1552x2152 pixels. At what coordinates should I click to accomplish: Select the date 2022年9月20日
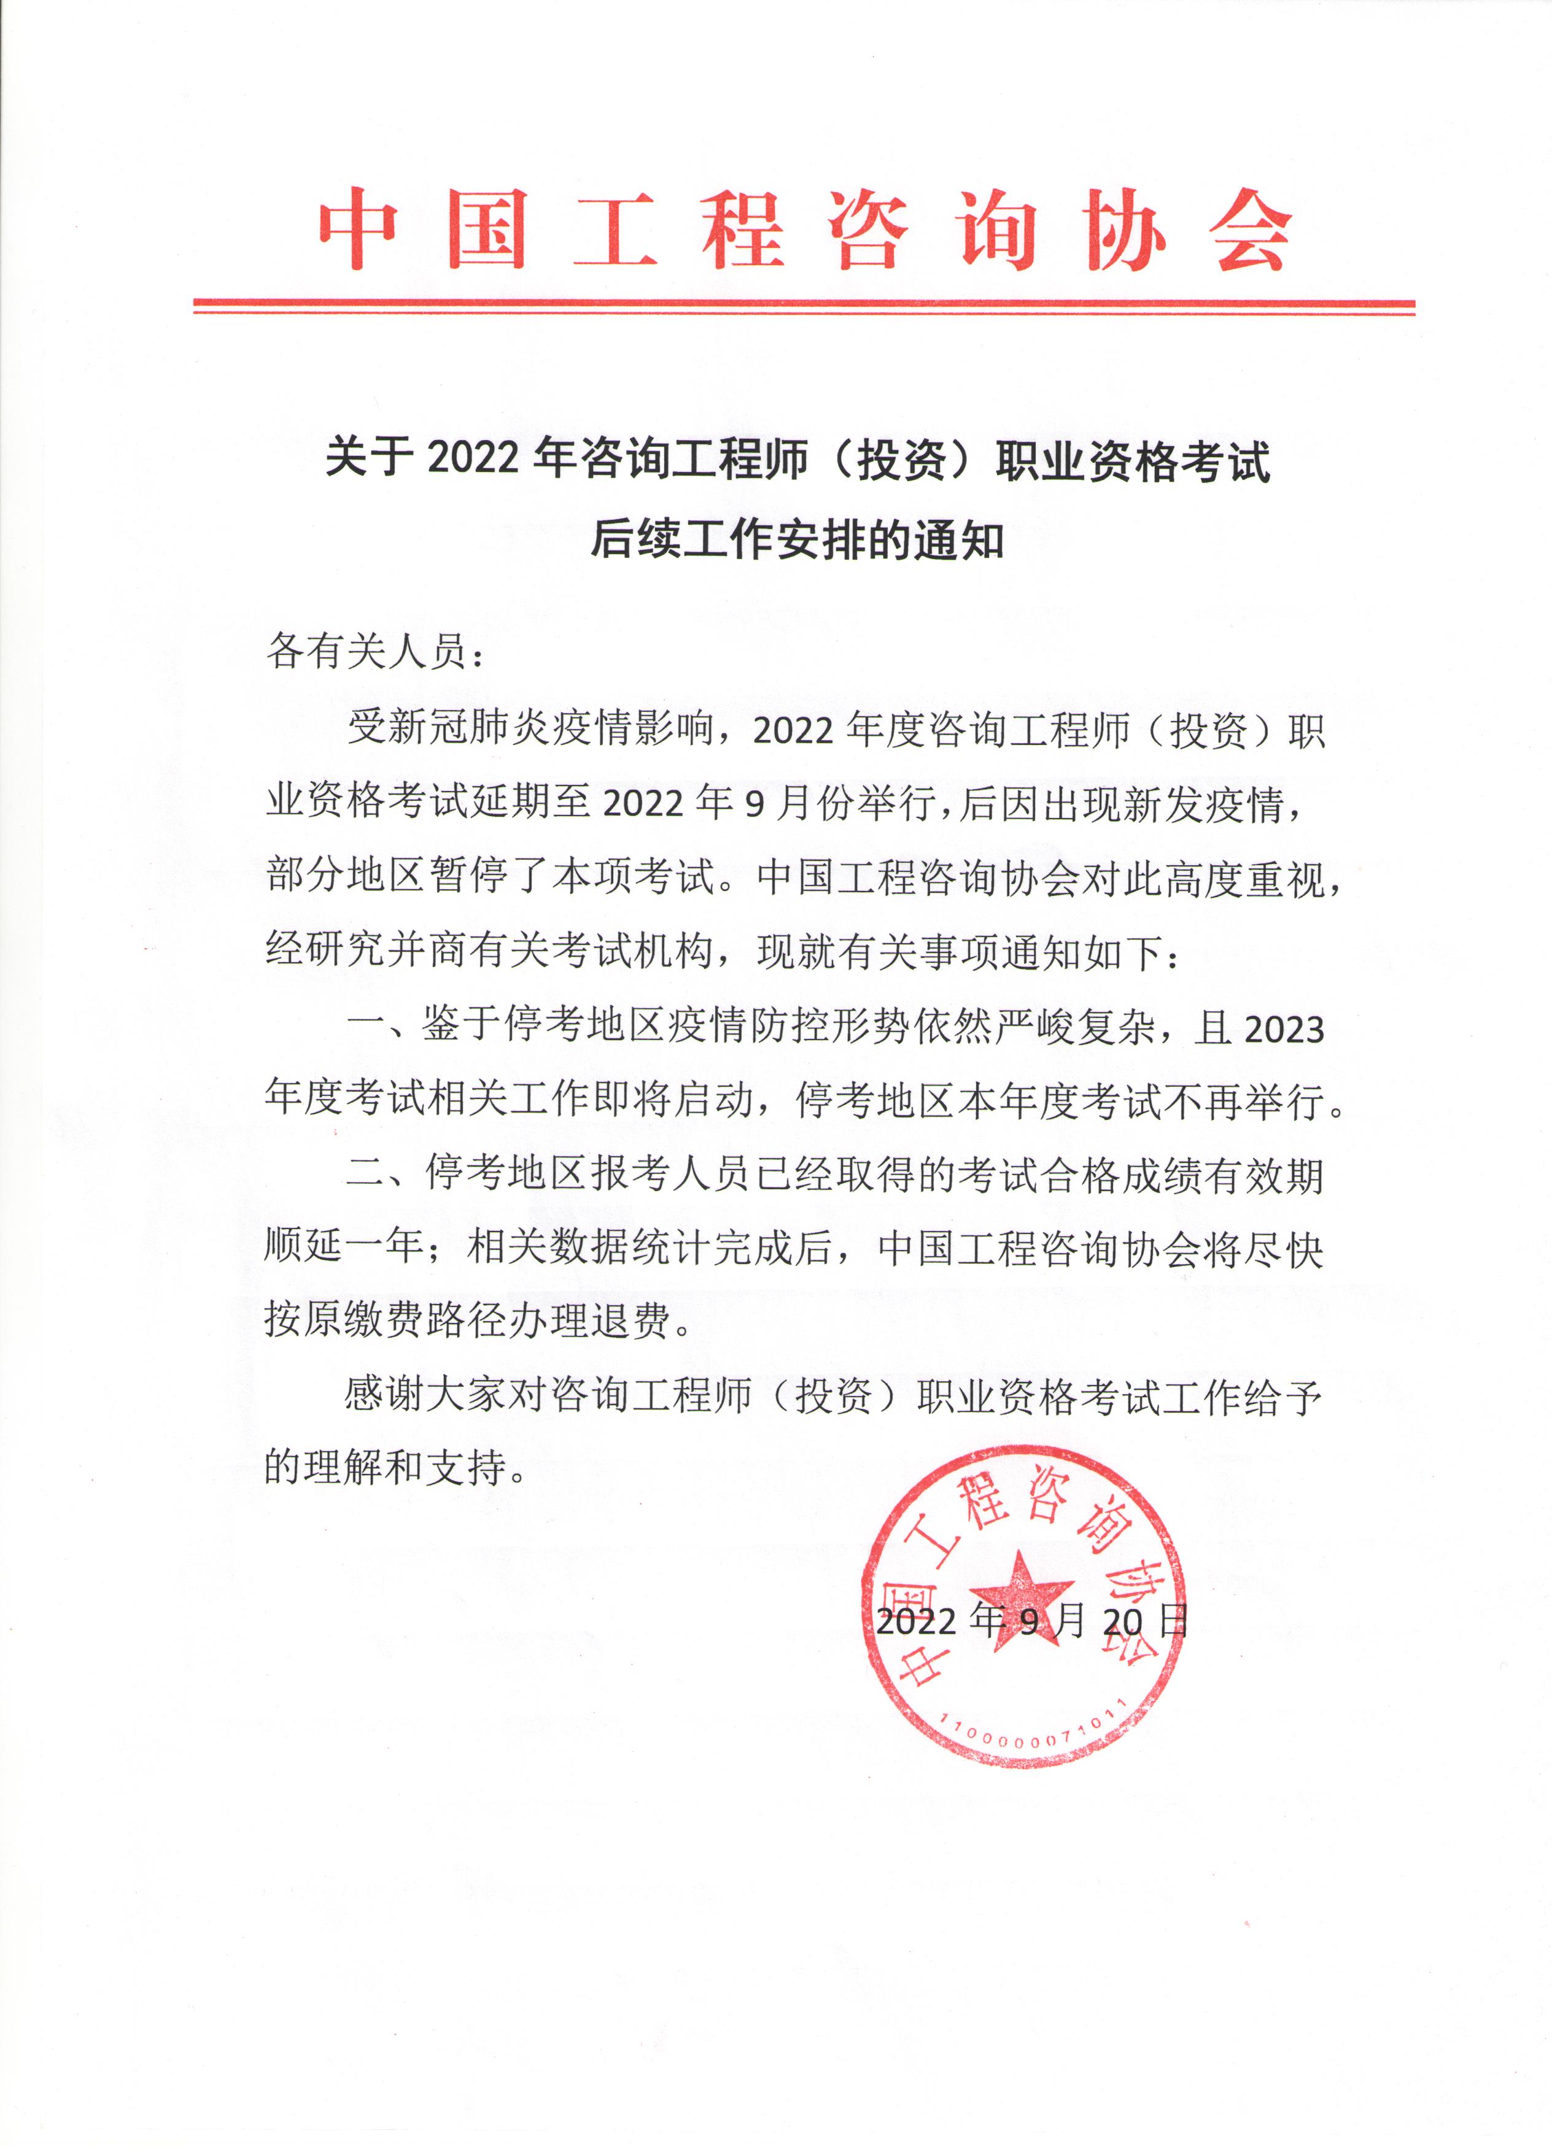pos(1031,1621)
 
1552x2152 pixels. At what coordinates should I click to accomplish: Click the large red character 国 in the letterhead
pos(487,229)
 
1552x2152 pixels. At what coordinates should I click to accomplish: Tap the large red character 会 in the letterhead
pos(1252,229)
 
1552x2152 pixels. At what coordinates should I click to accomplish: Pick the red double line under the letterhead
pos(804,306)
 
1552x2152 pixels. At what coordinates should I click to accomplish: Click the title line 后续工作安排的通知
pos(797,540)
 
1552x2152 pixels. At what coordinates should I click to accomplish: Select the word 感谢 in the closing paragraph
pos(384,1396)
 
